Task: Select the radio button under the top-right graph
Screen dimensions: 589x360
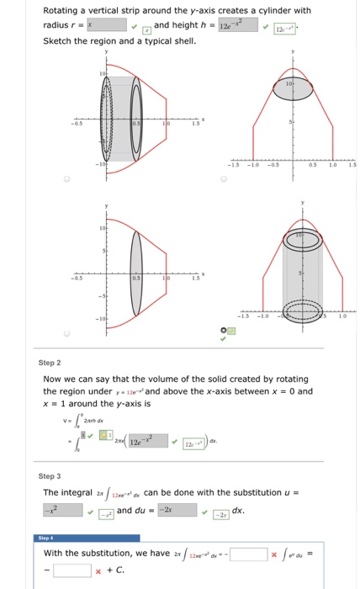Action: (224, 179)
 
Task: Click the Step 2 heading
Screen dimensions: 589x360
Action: (50, 363)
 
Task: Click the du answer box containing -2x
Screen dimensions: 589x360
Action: (175, 510)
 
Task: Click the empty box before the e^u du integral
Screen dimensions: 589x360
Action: (248, 553)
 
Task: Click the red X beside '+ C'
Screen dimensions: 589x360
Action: (98, 570)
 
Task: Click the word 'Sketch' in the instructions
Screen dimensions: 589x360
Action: (56, 40)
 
